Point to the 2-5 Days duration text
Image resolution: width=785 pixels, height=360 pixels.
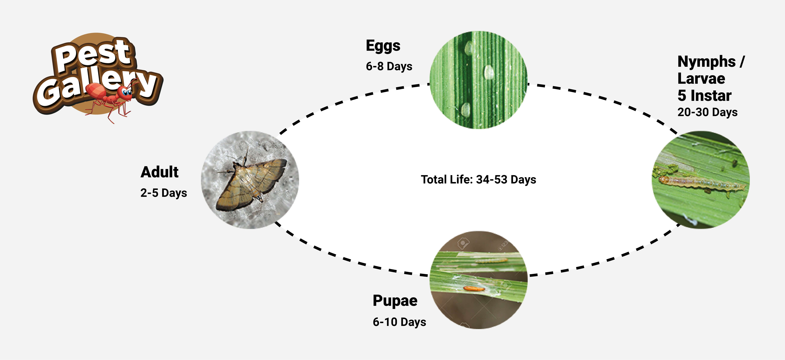(x=164, y=193)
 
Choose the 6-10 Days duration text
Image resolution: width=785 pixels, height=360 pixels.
(x=399, y=322)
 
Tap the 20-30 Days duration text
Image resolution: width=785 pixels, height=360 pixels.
(x=707, y=112)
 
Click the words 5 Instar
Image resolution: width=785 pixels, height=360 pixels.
(x=704, y=96)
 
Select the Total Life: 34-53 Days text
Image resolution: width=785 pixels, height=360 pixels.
(x=478, y=180)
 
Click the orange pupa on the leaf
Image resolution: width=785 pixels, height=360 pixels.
(x=474, y=288)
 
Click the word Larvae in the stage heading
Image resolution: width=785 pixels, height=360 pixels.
(x=701, y=79)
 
